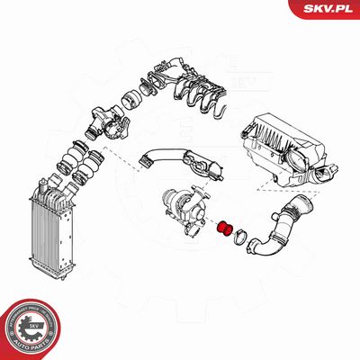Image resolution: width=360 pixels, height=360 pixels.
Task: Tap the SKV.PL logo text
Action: pyautogui.click(x=323, y=8)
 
